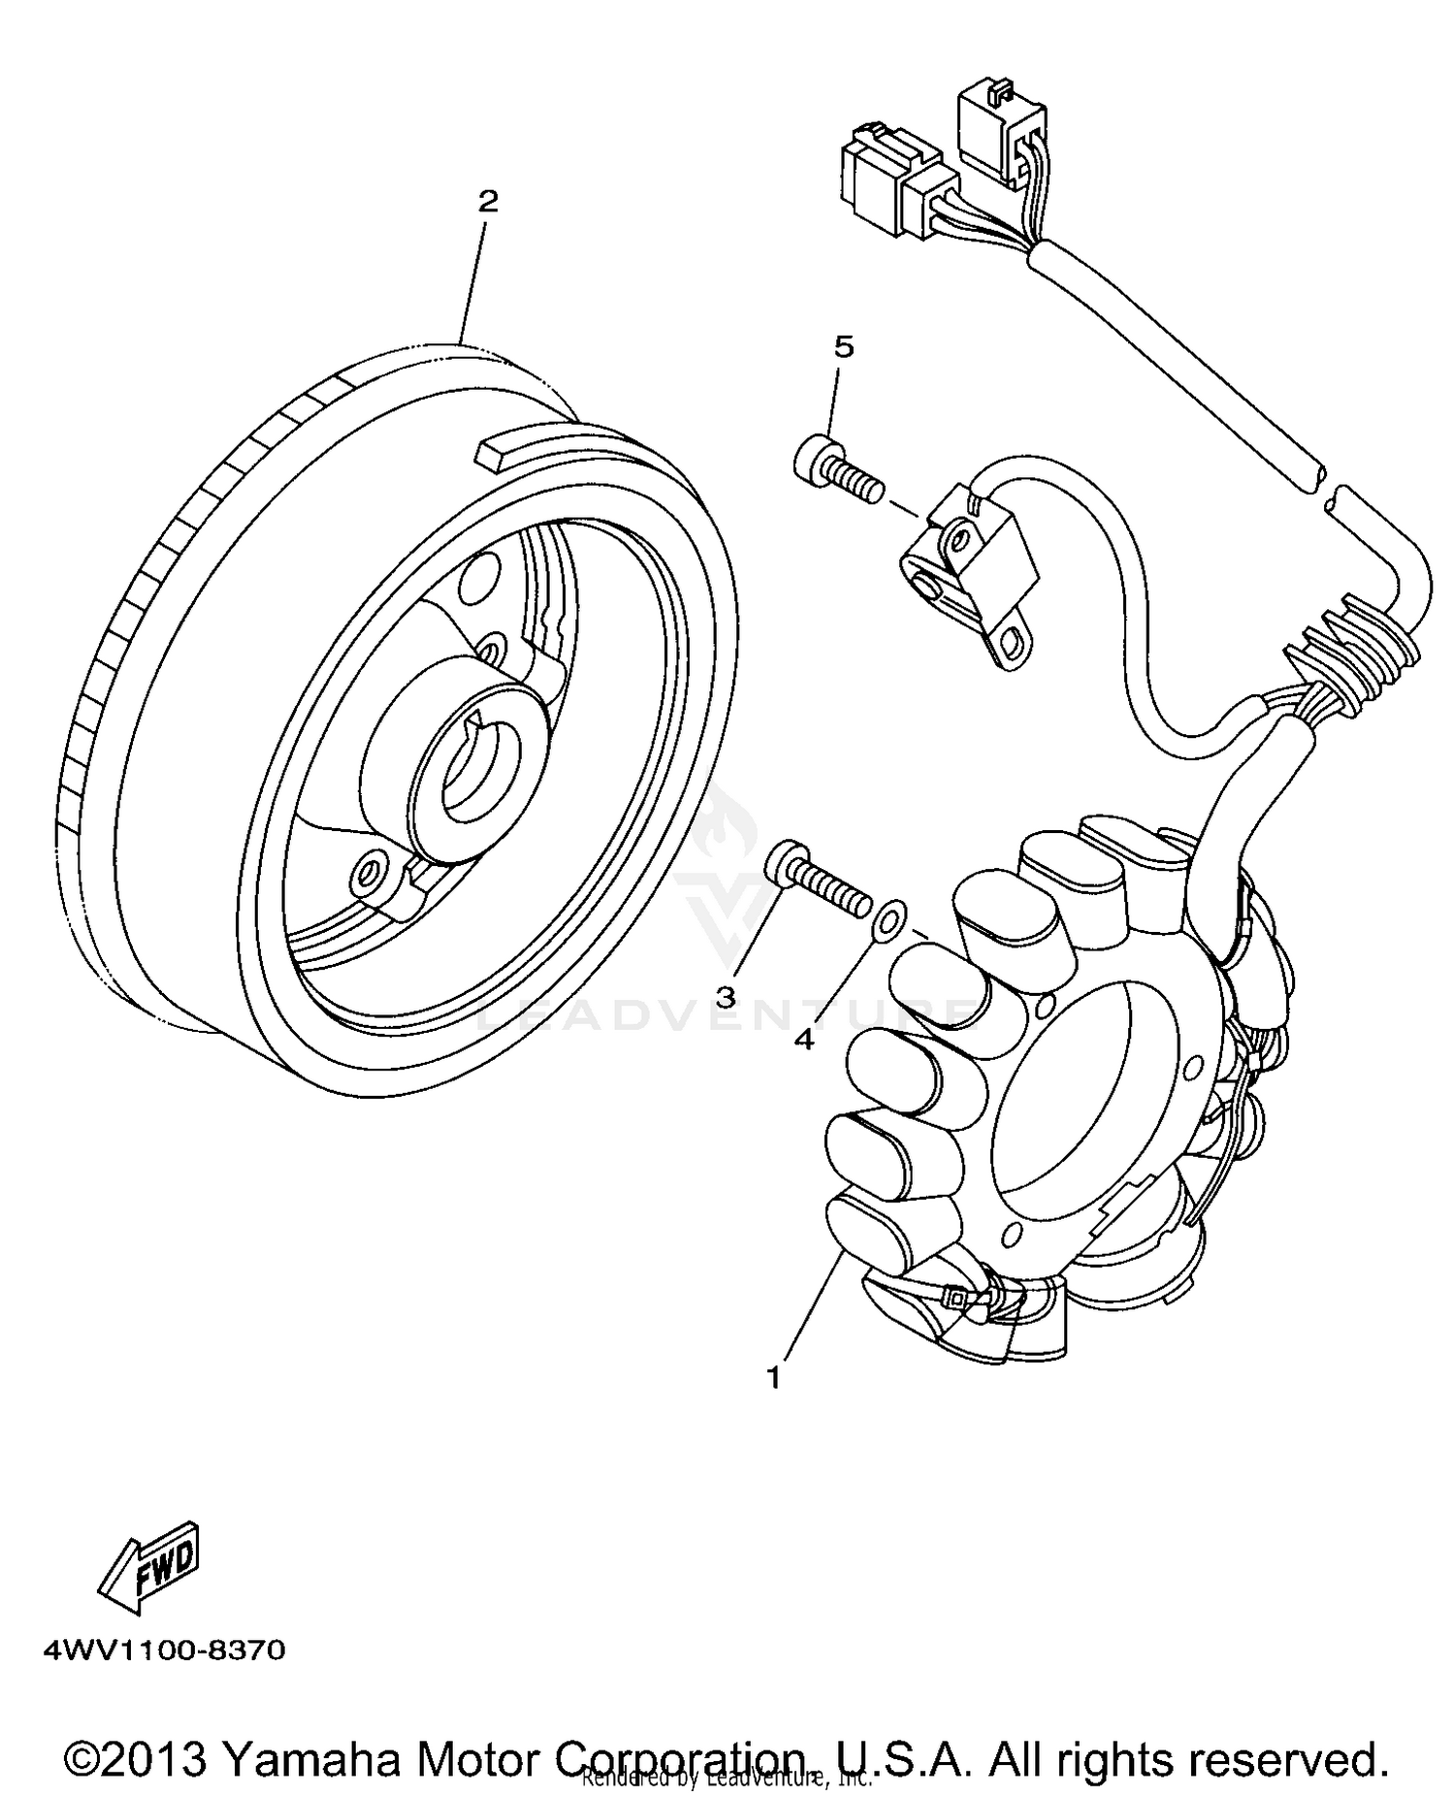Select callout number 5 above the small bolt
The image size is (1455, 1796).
coord(844,346)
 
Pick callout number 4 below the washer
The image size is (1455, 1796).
coord(804,1040)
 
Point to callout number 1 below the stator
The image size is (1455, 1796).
coord(773,1377)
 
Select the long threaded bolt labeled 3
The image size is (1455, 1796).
coord(819,882)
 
